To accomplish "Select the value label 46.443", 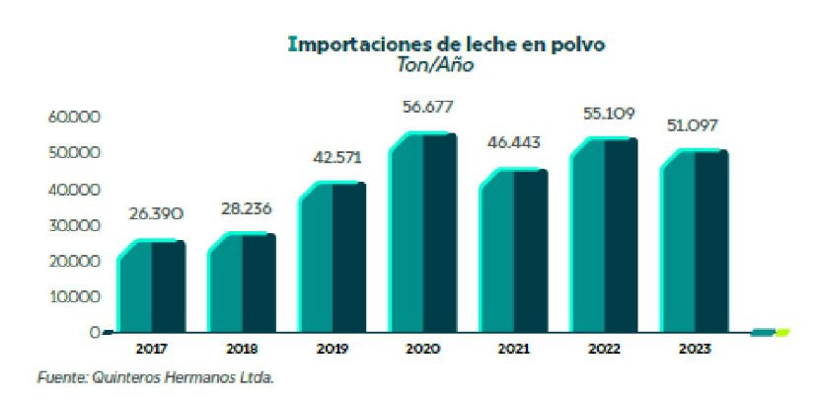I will tap(513, 142).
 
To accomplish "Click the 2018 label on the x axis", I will tap(241, 348).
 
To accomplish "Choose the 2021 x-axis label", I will tap(513, 348).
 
